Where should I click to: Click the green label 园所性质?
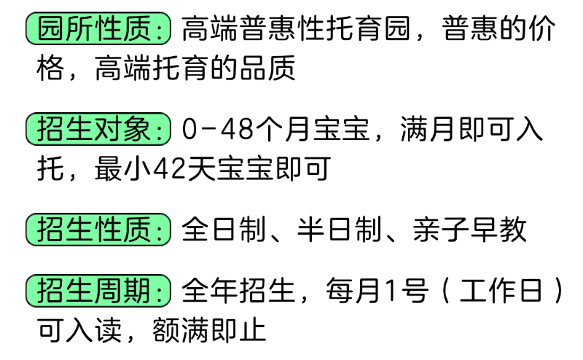point(98,29)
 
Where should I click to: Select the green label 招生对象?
point(98,130)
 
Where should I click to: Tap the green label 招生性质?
point(98,230)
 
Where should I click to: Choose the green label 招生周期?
point(98,291)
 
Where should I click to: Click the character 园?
point(50,29)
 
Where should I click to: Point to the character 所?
point(79,29)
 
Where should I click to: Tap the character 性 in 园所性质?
point(109,29)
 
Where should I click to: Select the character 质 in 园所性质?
point(138,29)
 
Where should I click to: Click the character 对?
point(109,130)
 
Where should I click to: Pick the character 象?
point(138,130)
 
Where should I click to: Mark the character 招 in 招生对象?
point(50,130)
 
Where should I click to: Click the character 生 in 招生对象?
point(79,130)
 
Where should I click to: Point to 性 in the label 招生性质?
point(109,230)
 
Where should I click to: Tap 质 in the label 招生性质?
point(138,230)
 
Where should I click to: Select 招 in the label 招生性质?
point(50,230)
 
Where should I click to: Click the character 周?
point(109,291)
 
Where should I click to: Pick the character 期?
point(138,291)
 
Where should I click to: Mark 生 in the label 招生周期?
point(79,291)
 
